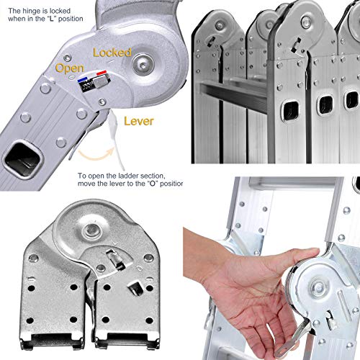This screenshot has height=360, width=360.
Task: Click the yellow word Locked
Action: point(112,53)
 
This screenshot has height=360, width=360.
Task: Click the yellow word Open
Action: point(70,68)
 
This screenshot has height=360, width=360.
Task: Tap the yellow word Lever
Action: point(139,121)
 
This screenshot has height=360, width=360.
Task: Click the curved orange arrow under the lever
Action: point(96,156)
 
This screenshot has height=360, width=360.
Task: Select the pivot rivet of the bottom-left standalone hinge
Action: point(91,230)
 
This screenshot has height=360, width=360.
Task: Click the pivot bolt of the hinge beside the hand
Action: point(318,287)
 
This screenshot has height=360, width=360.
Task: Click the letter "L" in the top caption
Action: point(51,19)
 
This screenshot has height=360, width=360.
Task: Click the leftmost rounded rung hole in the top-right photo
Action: point(291,111)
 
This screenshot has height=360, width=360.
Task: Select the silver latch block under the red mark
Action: point(101,81)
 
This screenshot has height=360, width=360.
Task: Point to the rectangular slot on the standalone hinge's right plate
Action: point(135,288)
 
